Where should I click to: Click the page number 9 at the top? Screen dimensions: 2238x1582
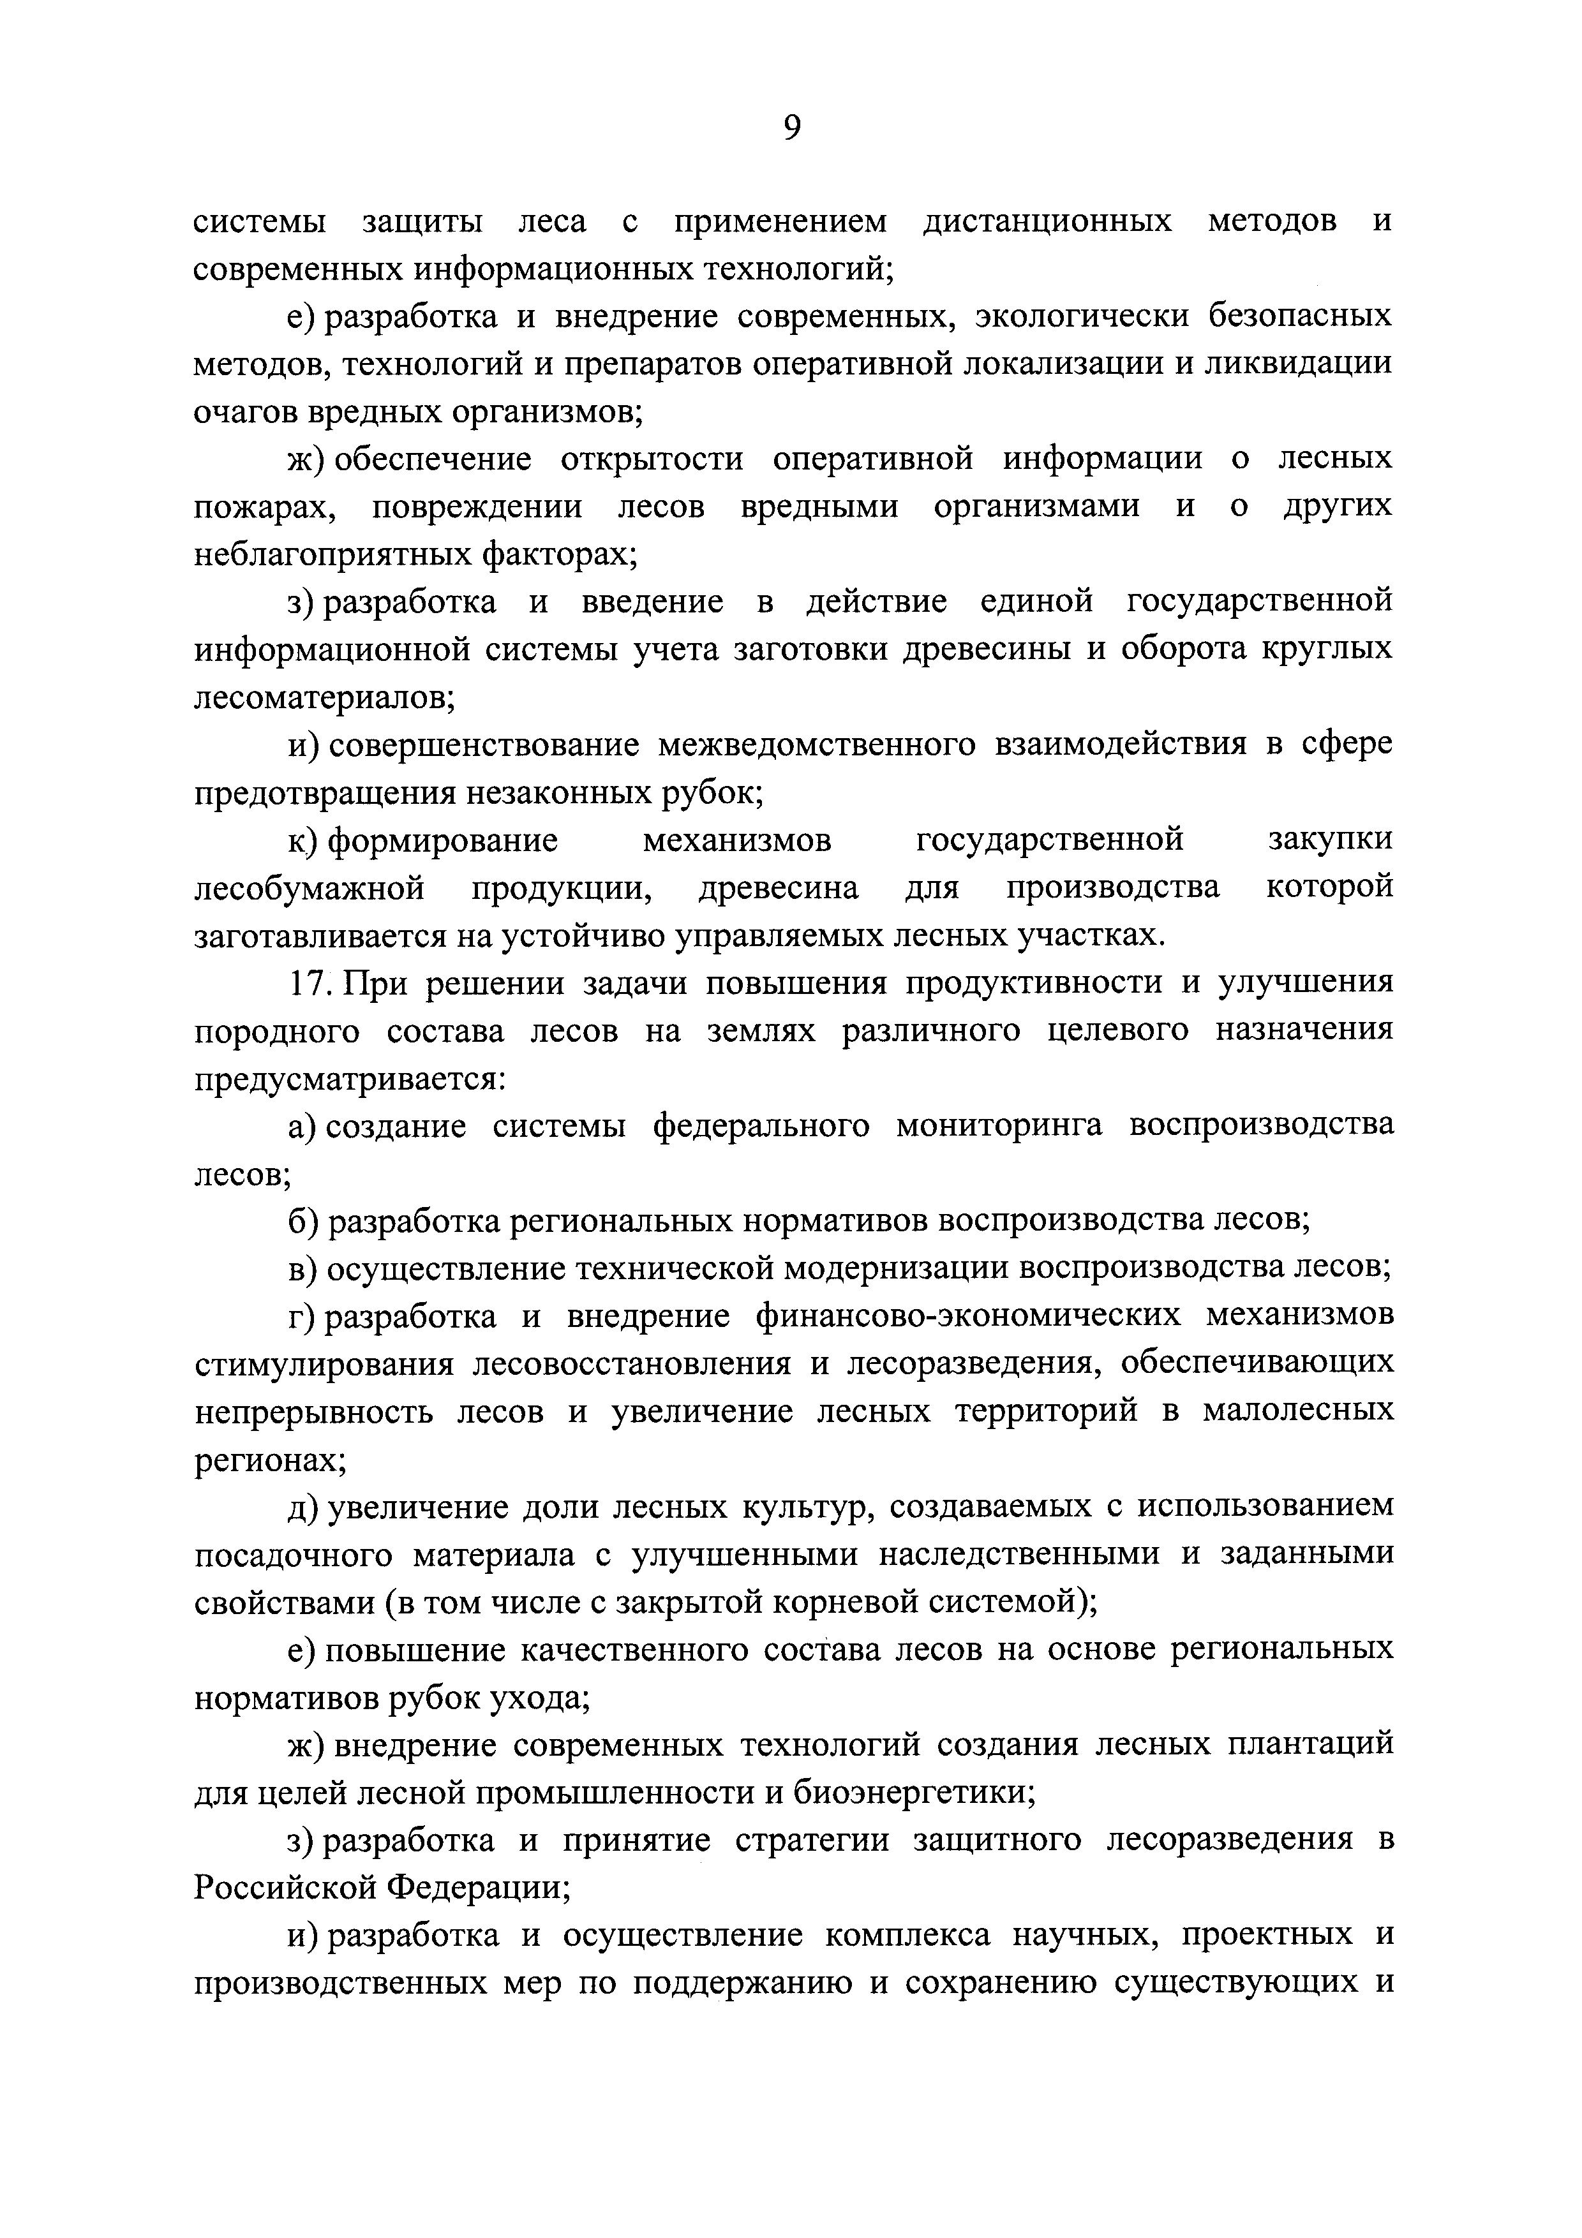[x=791, y=129]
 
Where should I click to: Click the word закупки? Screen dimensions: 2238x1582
[x=1331, y=840]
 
